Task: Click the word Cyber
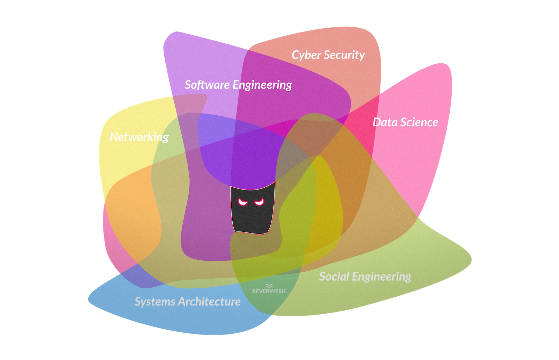pos(306,55)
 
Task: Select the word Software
pos(207,85)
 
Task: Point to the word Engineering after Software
pos(262,85)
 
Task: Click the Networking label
pos(139,137)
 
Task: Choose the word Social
pos(334,276)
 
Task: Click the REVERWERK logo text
pos(269,291)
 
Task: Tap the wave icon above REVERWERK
pos(269,286)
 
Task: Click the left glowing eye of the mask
pos(243,202)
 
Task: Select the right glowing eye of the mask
pos(260,202)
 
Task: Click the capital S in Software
pos(188,85)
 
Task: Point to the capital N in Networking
pos(114,137)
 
